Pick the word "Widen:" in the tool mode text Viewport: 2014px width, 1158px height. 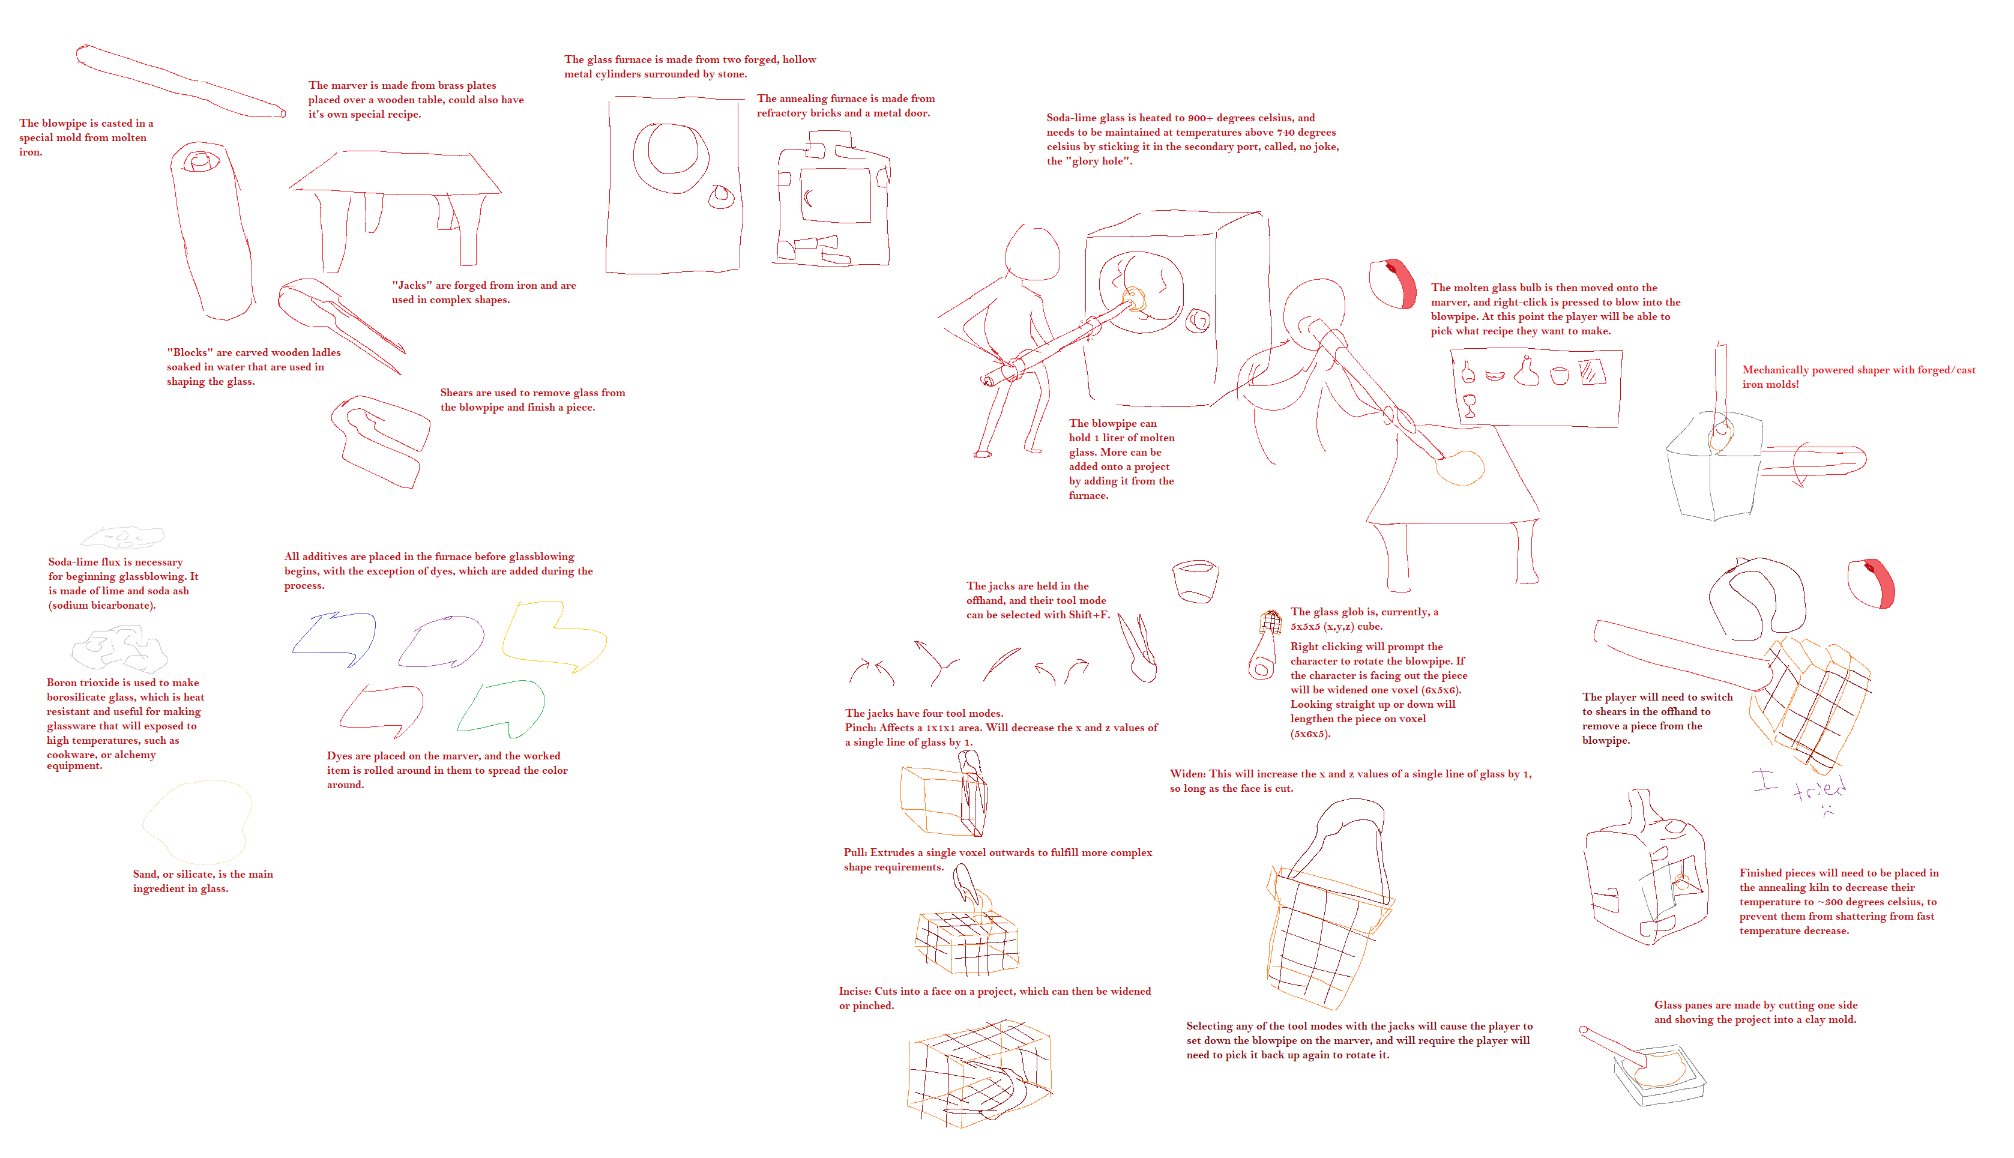pos(1188,774)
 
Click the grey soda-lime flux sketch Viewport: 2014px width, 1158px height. pos(122,538)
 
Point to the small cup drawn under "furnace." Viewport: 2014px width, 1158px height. pos(1195,581)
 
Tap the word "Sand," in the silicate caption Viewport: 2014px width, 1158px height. pos(147,874)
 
